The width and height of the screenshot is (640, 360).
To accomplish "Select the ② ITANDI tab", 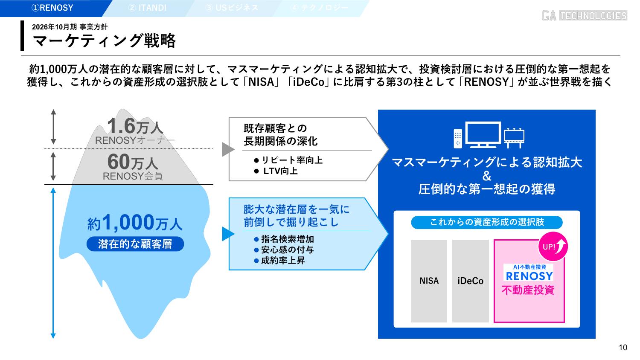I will click(x=147, y=8).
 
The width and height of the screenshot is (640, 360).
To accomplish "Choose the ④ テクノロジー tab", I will click(x=320, y=8).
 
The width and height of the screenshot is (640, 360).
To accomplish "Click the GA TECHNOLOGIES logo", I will click(x=584, y=16).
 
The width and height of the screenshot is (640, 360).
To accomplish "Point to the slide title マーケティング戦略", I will click(x=105, y=41).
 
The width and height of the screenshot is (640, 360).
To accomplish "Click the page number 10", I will click(x=623, y=348).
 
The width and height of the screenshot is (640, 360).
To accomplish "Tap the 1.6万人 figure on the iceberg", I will click(x=134, y=126).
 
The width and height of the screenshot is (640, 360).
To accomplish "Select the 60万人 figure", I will click(x=132, y=163).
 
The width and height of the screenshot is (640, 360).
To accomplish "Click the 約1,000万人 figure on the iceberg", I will click(x=135, y=223).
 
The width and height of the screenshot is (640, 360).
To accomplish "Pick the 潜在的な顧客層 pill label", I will click(x=135, y=244).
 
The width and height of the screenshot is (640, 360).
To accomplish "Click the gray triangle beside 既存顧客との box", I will click(x=228, y=149).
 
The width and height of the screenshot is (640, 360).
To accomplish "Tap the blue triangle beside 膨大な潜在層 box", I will click(x=228, y=234).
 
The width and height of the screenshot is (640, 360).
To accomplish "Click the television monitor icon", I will click(x=483, y=134).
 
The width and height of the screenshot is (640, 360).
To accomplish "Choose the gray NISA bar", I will click(x=429, y=281).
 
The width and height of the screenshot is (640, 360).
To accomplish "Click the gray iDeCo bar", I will click(x=470, y=281).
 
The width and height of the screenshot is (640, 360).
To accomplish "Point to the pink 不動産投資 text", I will click(x=528, y=290).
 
